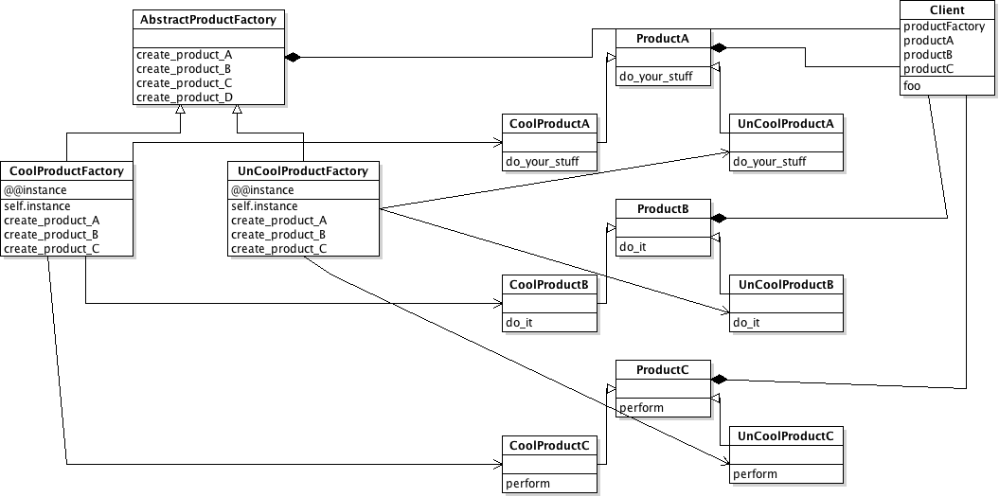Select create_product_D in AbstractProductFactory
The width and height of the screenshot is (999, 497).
(184, 97)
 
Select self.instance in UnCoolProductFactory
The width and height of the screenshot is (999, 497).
(263, 205)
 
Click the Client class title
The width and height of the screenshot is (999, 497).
(947, 9)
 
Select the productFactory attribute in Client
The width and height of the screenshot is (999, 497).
(944, 26)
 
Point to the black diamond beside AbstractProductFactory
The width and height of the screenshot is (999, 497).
(293, 58)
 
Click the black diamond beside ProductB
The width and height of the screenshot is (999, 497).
(719, 218)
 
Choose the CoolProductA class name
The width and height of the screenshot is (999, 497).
(549, 123)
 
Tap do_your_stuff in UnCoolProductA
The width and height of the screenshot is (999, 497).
(769, 162)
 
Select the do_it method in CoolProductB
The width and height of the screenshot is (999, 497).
(520, 323)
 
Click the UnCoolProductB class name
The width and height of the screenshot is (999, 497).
(785, 284)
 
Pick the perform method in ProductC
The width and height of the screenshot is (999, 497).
(641, 408)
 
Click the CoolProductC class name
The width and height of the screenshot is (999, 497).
(549, 445)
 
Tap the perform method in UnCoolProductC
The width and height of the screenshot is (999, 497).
(755, 473)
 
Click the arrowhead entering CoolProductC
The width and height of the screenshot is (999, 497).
(497, 465)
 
